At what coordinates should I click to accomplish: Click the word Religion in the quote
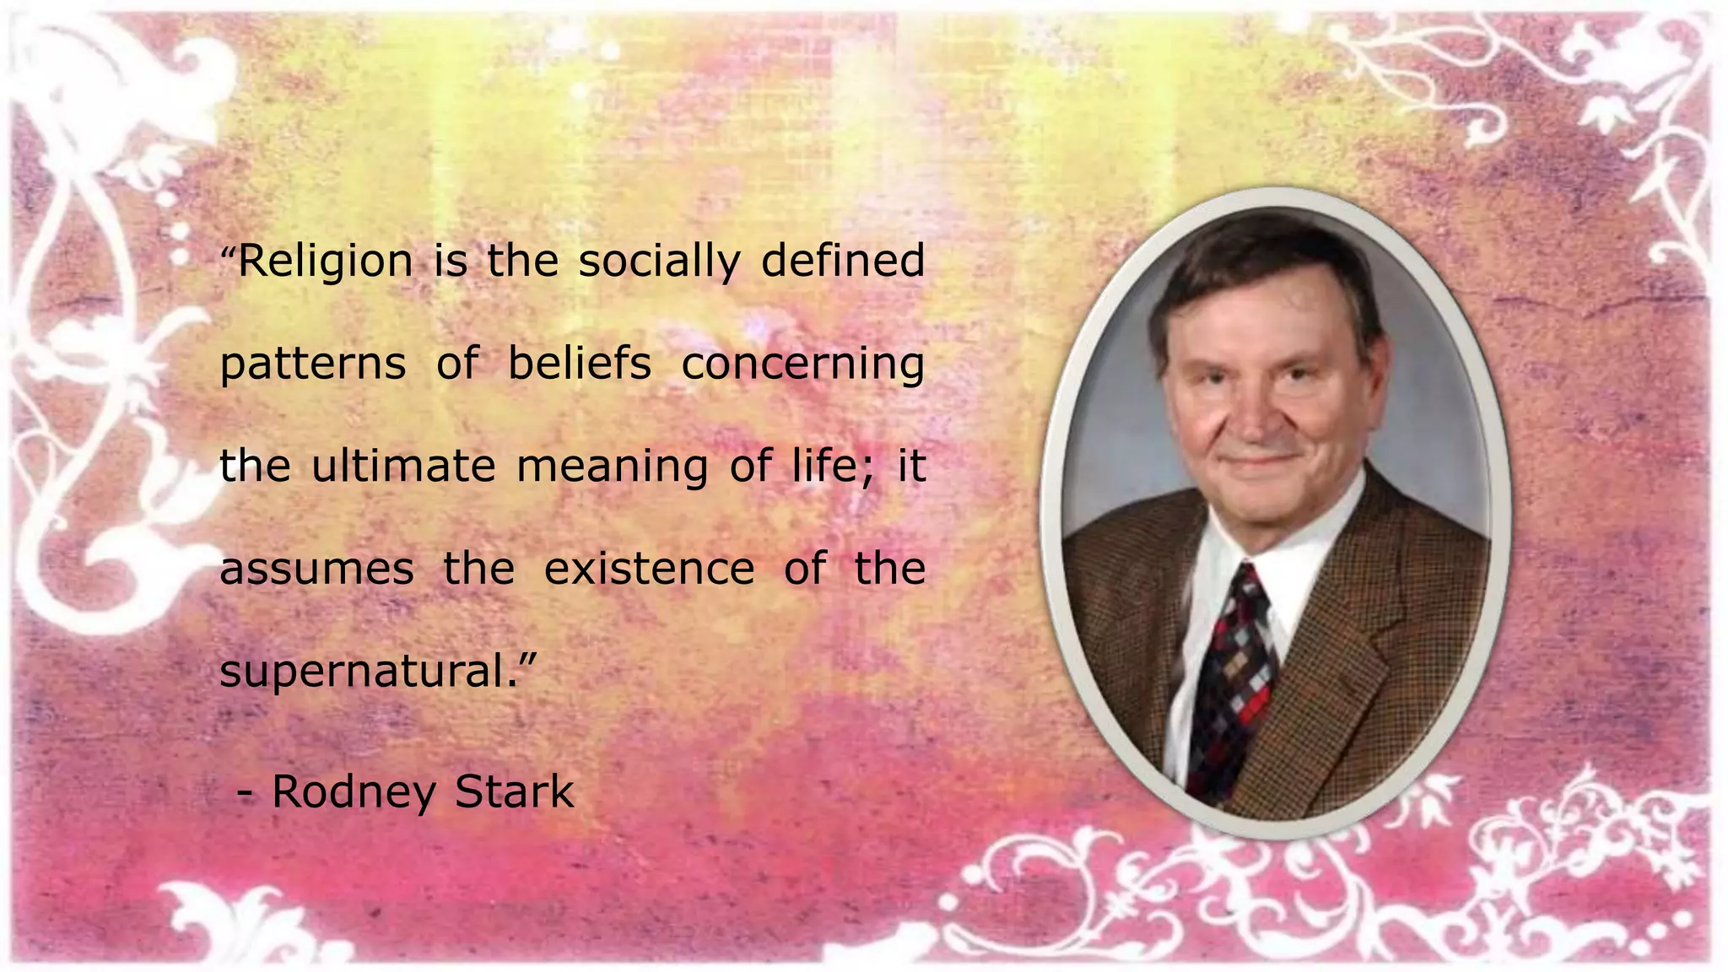point(326,262)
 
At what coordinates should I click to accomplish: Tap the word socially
point(659,262)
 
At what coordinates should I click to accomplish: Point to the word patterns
point(313,365)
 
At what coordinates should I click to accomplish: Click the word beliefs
point(580,364)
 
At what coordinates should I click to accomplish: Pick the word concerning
point(802,365)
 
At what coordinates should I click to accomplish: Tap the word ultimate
point(403,466)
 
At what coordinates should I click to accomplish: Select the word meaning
point(612,467)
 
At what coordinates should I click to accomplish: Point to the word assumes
point(316,570)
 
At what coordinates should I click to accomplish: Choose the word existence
point(649,569)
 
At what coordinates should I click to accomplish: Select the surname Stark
point(514,791)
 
